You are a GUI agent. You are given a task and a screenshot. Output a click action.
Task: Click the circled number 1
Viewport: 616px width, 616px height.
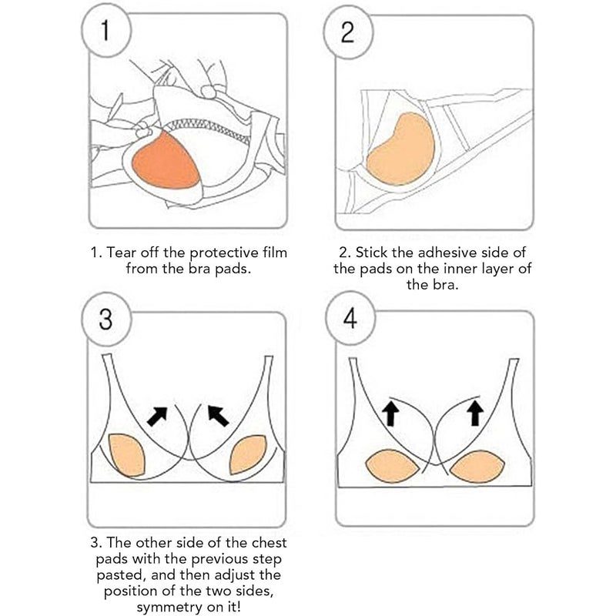click(x=105, y=32)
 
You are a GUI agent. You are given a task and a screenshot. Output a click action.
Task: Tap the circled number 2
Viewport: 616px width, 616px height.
click(x=348, y=32)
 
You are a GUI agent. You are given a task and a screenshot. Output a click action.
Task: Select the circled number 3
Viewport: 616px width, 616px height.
click(x=106, y=319)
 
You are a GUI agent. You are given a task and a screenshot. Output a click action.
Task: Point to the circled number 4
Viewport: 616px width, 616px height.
click(x=350, y=318)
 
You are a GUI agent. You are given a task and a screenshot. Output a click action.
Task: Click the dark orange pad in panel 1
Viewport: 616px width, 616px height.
click(x=166, y=161)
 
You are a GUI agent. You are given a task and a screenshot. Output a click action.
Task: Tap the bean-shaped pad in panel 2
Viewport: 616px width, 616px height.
click(x=400, y=149)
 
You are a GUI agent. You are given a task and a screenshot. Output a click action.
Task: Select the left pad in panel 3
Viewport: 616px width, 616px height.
click(x=126, y=455)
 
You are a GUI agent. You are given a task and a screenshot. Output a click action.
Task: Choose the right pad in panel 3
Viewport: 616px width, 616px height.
click(x=248, y=454)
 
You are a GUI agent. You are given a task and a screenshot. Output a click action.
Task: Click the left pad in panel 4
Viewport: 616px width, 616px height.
click(x=393, y=466)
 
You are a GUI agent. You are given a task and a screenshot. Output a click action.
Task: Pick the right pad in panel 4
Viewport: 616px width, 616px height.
click(x=477, y=467)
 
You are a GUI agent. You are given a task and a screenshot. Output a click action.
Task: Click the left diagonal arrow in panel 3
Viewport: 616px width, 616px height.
click(x=157, y=417)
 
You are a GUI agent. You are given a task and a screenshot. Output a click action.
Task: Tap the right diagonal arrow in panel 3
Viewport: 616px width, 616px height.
click(x=218, y=417)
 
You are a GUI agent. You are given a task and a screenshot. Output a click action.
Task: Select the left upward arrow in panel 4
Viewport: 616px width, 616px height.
click(x=390, y=413)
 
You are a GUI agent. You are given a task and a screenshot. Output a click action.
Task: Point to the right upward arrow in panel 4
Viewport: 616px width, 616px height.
click(x=475, y=413)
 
